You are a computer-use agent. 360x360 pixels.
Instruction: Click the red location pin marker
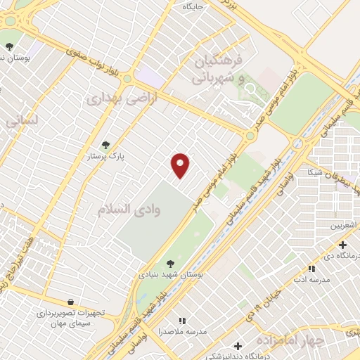(x=181, y=165)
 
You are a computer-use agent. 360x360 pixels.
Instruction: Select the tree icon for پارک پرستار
(x=106, y=145)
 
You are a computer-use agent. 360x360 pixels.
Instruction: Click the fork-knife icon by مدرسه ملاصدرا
(x=183, y=321)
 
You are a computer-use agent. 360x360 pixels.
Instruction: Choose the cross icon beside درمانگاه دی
(x=342, y=245)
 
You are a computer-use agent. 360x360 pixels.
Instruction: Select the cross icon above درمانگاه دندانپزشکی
(x=238, y=346)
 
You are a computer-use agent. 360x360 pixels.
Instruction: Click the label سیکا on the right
(x=313, y=172)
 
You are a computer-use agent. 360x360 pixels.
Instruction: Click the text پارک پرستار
(x=101, y=156)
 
